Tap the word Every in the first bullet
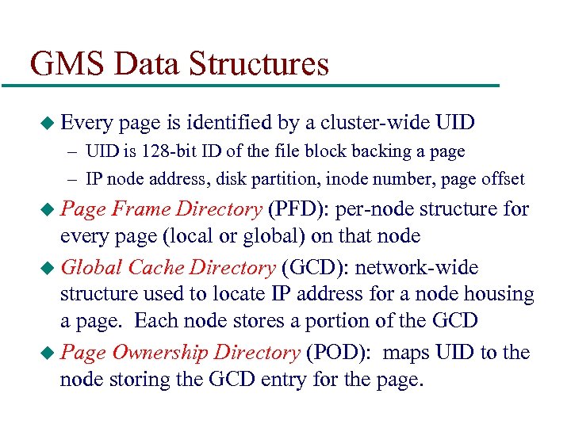88,122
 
